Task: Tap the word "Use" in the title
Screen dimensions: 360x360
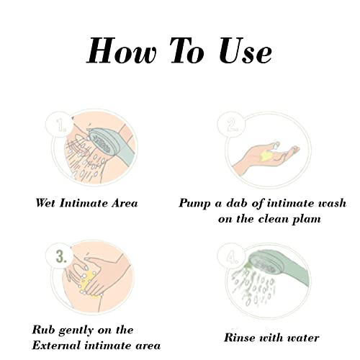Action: coord(246,51)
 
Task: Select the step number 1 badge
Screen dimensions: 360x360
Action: coord(60,125)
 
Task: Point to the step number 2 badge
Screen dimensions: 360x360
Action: coord(232,125)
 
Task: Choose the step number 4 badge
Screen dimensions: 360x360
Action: coord(232,257)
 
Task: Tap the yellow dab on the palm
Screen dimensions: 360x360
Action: coord(265,156)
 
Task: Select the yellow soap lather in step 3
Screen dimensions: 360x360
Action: coord(89,284)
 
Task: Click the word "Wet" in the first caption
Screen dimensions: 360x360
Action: coord(45,203)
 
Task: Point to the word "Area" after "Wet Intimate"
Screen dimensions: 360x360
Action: coord(125,203)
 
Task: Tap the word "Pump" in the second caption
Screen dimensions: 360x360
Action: coord(194,204)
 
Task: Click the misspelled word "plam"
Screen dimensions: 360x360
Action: coord(306,220)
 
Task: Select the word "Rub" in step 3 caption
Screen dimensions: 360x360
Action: coord(43,330)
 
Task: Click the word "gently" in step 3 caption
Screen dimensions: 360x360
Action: coord(76,331)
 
